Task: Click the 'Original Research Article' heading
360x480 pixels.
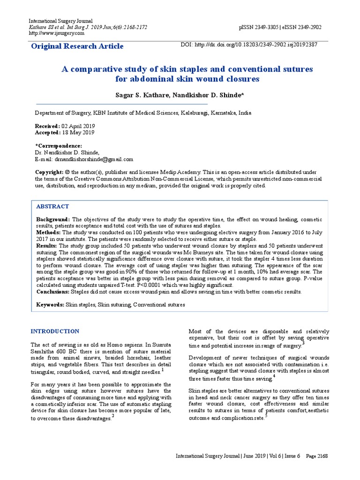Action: tap(77, 46)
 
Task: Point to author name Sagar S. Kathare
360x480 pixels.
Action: tap(143, 95)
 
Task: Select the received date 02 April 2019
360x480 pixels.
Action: tap(78, 127)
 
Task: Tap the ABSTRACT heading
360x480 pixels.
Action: tap(52, 206)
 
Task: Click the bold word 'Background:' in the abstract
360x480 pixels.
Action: tap(53, 219)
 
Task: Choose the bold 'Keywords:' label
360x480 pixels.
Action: tap(51, 305)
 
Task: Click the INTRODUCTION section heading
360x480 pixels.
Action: tap(55, 331)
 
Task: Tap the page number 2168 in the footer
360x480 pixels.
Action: tap(322, 456)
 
